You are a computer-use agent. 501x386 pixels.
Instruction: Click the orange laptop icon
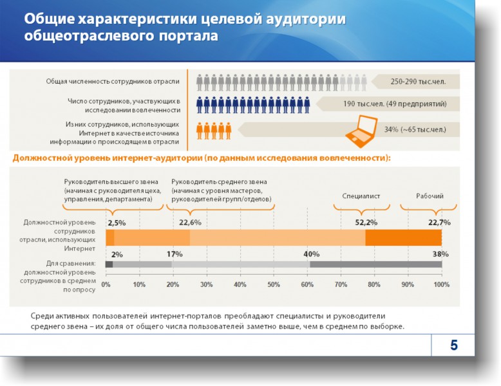click(361, 129)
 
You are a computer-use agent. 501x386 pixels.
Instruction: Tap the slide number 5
click(454, 345)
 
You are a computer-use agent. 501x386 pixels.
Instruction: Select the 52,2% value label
click(366, 223)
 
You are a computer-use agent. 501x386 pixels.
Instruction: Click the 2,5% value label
click(117, 223)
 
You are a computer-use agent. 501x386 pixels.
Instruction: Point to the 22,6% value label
click(190, 223)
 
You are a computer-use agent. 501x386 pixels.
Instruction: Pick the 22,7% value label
click(439, 223)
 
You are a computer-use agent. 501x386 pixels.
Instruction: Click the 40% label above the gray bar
click(312, 254)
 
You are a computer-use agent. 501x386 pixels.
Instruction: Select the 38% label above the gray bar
click(440, 254)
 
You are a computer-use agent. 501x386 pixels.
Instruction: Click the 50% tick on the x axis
click(274, 284)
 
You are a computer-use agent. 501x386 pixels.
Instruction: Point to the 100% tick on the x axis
click(441, 284)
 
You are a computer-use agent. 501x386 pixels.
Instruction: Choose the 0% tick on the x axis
click(106, 284)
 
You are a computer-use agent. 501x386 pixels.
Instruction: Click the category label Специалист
click(361, 196)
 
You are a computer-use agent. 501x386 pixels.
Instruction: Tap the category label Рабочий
click(429, 196)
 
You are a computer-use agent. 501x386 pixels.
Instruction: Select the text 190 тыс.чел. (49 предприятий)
click(395, 104)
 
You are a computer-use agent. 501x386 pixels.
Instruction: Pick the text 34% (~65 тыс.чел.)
click(415, 129)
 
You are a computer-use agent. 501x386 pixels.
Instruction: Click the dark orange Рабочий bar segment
click(403, 237)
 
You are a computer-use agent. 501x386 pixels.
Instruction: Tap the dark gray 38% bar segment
click(375, 264)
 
